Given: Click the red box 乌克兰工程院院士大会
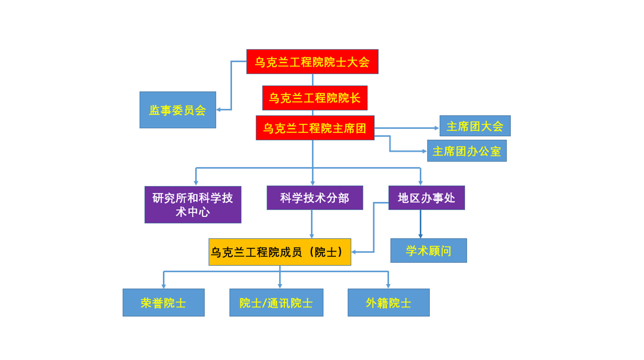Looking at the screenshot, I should [x=312, y=62].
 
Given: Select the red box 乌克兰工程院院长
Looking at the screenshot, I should [x=314, y=98].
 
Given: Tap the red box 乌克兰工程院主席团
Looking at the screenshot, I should [x=315, y=128].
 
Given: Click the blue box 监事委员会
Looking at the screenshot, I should [x=178, y=110].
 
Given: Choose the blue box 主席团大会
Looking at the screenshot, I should [x=475, y=126].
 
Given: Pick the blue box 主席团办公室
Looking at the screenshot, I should [x=467, y=151].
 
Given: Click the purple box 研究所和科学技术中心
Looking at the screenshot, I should [x=193, y=205].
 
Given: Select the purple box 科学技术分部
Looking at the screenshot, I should [x=315, y=198].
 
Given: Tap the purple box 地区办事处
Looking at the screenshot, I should [x=426, y=198].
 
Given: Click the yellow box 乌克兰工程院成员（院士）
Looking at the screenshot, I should [x=280, y=252].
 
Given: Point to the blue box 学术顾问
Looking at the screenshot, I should [x=429, y=251].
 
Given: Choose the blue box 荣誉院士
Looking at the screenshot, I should [x=163, y=303].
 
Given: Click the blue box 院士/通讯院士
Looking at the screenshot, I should [x=276, y=303].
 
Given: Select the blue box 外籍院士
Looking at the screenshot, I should [x=388, y=303].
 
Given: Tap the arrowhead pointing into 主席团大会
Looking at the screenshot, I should [x=436, y=128].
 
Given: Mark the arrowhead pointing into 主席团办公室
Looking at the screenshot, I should [x=424, y=151].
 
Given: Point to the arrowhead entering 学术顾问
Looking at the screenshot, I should [x=420, y=236].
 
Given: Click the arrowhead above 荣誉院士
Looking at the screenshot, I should [x=164, y=286].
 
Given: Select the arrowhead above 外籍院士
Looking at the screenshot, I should [x=388, y=286].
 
